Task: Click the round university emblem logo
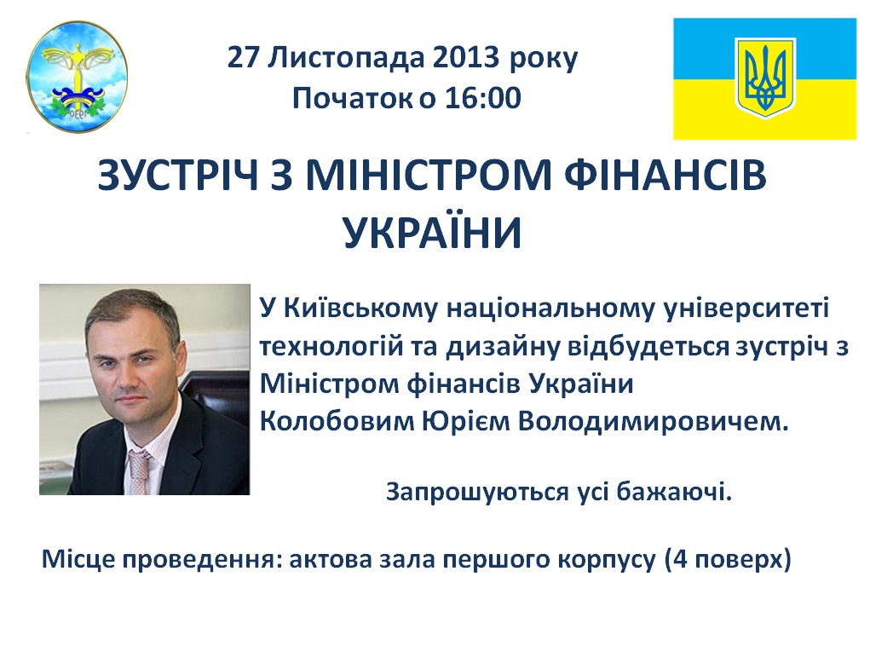(x=78, y=77)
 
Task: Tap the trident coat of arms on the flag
(x=765, y=78)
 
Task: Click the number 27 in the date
(x=243, y=57)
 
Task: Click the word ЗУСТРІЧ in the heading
(x=178, y=175)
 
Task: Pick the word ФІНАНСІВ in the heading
(x=665, y=175)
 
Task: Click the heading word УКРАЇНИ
(x=433, y=233)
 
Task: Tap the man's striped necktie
(x=139, y=471)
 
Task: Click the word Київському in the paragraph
(x=360, y=309)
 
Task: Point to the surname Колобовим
(x=337, y=422)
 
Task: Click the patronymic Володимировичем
(x=653, y=422)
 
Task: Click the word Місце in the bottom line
(x=78, y=559)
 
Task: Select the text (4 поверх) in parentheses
(x=728, y=559)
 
